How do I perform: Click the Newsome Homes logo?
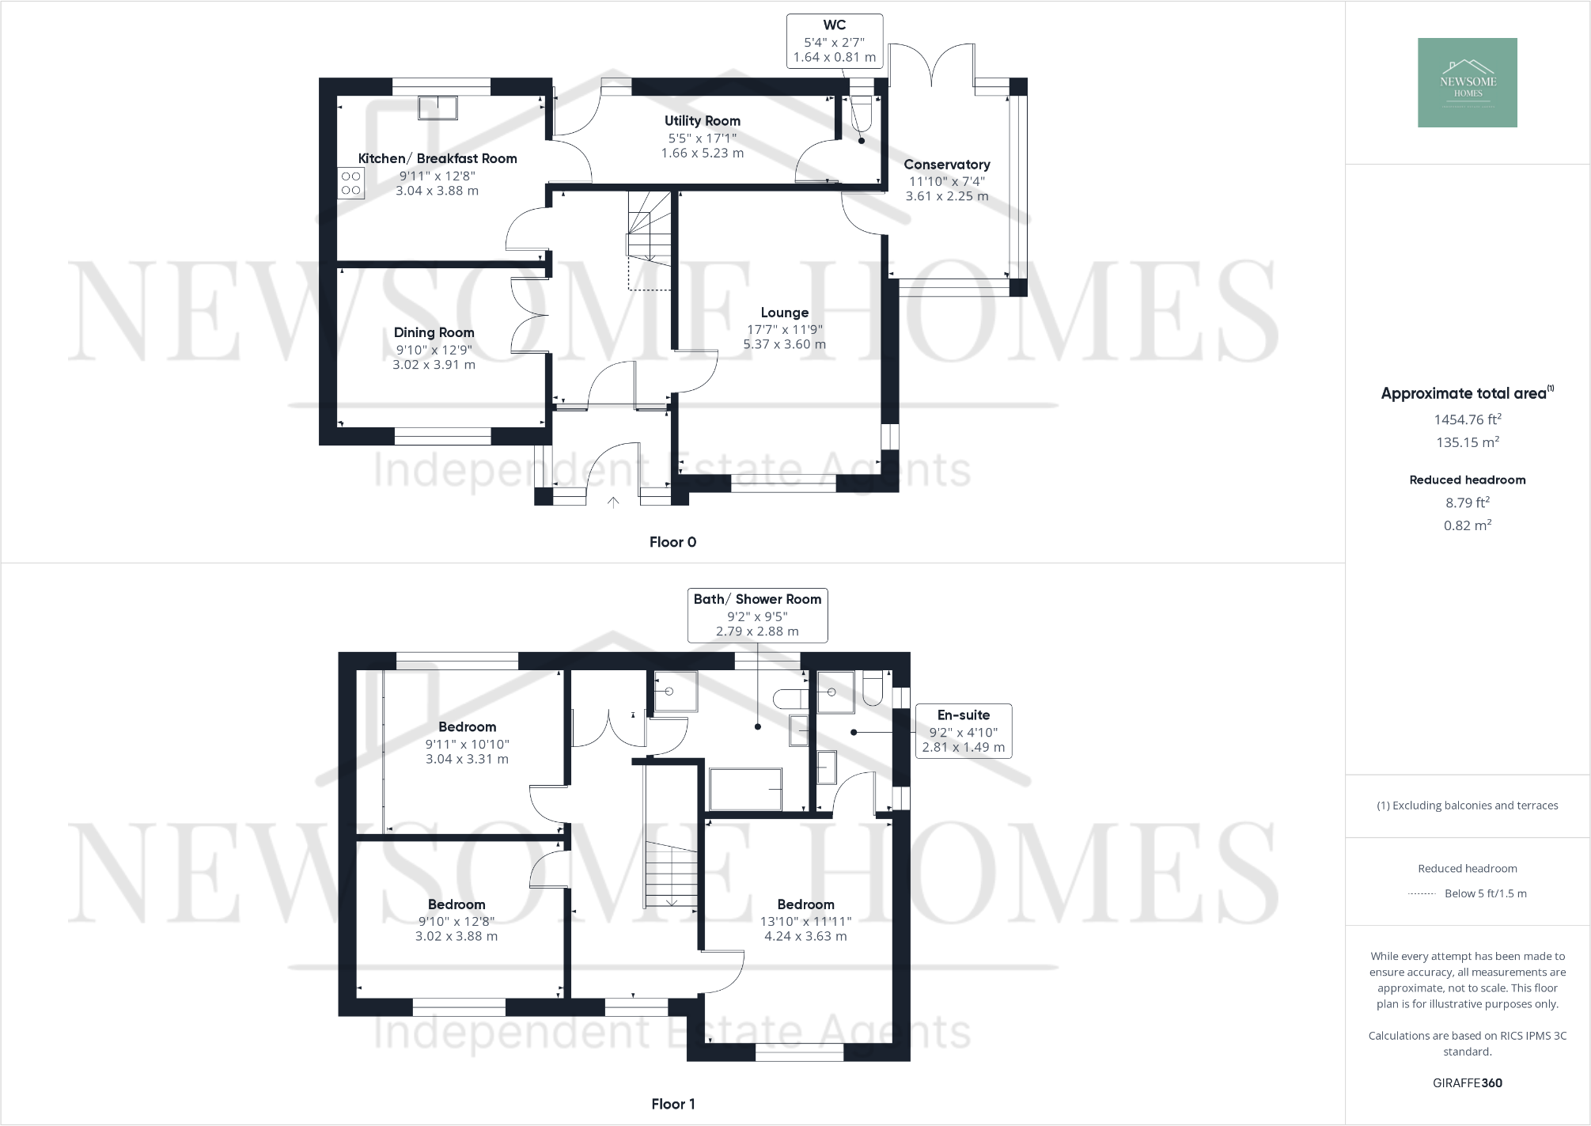[x=1467, y=82]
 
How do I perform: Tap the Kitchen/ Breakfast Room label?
[x=438, y=158]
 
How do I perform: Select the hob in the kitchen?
[x=351, y=183]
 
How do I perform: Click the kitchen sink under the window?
[x=438, y=108]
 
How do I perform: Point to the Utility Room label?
[x=703, y=121]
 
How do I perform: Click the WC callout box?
[x=834, y=41]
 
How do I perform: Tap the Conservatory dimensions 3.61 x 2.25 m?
[x=947, y=196]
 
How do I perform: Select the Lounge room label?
[x=784, y=313]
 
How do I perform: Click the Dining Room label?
[x=434, y=332]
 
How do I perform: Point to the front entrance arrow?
[x=613, y=502]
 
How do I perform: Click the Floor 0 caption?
[x=672, y=542]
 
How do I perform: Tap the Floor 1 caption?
[x=672, y=1104]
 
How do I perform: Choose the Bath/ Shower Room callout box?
[x=757, y=615]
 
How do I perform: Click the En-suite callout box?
[x=963, y=730]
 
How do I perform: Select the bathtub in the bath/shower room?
[x=745, y=789]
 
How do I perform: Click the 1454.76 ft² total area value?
[x=1468, y=419]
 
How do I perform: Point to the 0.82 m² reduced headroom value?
[x=1468, y=525]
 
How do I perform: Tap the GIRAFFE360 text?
[x=1468, y=1083]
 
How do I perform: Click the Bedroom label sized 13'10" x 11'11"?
[x=805, y=904]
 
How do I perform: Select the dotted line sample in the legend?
[x=1422, y=894]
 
